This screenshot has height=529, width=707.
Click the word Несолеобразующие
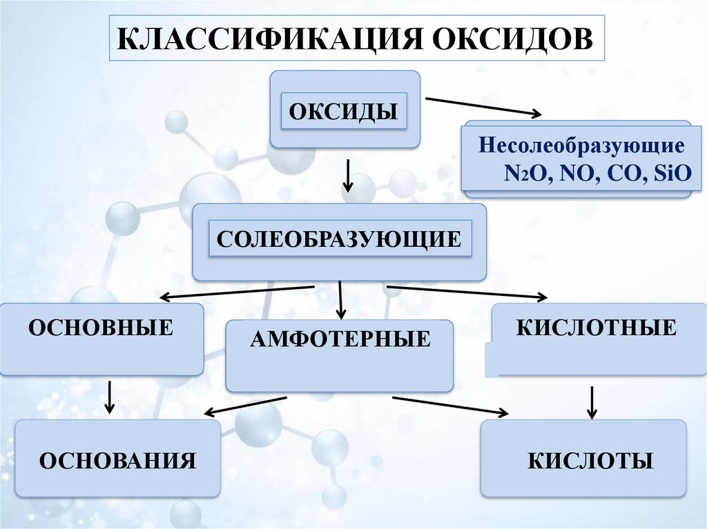click(582, 147)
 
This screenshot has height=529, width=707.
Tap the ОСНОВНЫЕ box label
click(101, 326)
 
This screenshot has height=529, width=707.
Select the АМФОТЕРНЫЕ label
click(340, 339)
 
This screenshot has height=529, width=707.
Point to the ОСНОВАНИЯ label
click(118, 460)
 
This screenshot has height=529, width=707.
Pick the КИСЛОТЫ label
click(590, 461)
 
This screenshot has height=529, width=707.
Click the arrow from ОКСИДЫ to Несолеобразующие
click(484, 107)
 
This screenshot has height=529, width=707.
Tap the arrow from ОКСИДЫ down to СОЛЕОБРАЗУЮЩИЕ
click(348, 175)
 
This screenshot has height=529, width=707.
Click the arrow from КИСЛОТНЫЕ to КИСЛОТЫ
click(592, 402)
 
